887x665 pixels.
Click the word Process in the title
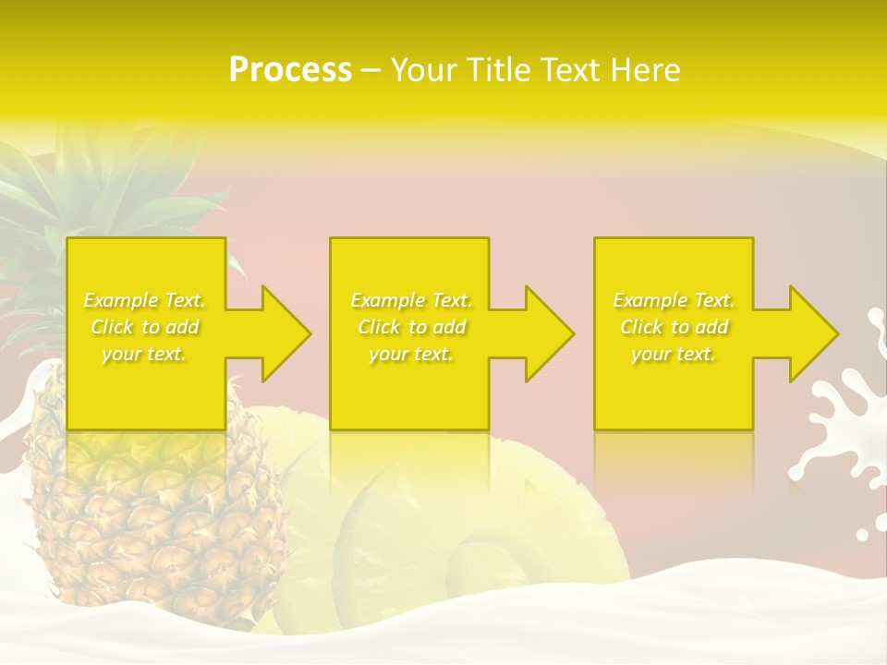[290, 70]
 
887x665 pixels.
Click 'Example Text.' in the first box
[145, 300]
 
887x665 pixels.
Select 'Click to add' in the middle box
[411, 327]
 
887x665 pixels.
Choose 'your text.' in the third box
[674, 354]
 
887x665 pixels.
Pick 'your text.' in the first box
[144, 354]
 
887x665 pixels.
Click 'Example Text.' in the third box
[674, 300]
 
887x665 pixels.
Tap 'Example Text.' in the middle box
[411, 300]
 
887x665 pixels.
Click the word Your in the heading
[421, 70]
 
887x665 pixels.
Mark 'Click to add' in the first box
[145, 327]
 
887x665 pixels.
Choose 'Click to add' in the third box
[674, 327]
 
